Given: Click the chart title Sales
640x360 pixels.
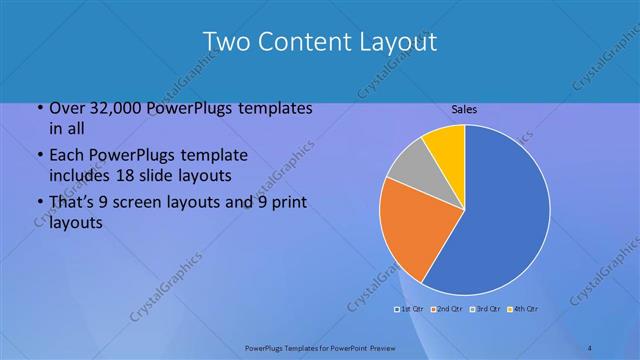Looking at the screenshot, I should (464, 108).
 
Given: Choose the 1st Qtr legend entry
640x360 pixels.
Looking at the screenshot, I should (411, 308).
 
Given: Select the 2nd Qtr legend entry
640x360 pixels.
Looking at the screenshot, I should (449, 308).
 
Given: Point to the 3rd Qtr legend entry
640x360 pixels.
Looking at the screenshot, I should (487, 308).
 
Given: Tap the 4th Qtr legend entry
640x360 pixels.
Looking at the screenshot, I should (525, 308).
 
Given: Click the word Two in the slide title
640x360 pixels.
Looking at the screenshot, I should (227, 42).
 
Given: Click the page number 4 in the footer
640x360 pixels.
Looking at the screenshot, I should (589, 347).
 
